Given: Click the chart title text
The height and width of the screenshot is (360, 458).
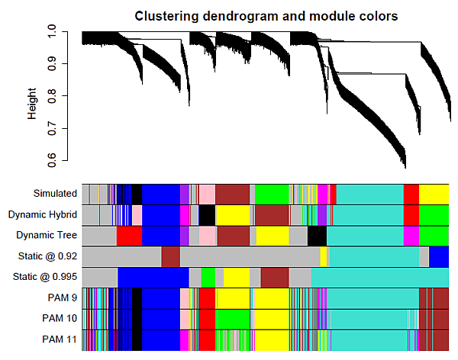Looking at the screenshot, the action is point(266,16).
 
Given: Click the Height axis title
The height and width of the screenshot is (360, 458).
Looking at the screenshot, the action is point(32,104).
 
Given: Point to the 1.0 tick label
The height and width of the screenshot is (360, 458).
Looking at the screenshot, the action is point(51,31).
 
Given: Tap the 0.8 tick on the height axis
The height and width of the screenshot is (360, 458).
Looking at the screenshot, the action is point(65,96).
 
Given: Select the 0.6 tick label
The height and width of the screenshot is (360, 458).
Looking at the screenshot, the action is point(51,160).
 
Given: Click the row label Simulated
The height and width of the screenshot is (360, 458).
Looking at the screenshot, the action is point(55,193).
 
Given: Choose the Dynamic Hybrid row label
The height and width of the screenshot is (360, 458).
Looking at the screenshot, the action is point(43,214).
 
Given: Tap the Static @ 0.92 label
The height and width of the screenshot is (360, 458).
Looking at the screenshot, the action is point(47,256).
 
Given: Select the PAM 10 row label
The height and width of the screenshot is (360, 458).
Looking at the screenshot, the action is point(60,318).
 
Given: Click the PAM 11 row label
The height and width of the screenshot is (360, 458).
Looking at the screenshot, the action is point(60,339).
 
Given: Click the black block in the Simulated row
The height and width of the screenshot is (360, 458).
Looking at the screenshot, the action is point(137,194).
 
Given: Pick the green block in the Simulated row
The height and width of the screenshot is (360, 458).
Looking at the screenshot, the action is point(272,194).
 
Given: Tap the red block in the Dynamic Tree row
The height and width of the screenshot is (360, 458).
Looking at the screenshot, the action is point(130,236).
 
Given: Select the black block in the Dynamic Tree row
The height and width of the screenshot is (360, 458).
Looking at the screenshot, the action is point(318,236).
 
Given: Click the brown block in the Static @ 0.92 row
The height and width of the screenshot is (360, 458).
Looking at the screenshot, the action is point(170,257).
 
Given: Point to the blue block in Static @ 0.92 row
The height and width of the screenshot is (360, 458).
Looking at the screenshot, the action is point(439,257).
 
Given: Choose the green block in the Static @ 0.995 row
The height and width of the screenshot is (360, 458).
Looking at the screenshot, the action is point(208,278).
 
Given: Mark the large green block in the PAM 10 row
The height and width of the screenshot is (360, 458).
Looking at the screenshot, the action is point(233,320).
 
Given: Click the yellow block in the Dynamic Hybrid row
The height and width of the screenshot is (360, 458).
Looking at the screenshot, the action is point(233,215).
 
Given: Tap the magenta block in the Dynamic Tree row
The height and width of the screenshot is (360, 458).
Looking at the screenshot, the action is point(411,236).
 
